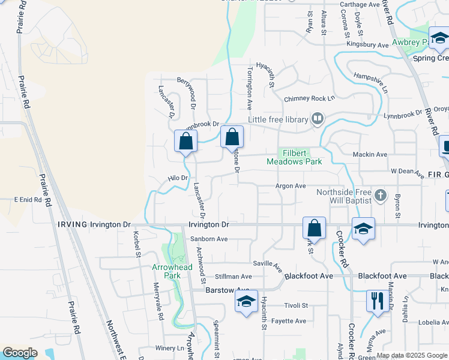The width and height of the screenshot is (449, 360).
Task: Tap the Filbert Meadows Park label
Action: pyautogui.click(x=295, y=157)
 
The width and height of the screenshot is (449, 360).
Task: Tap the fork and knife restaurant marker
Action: pyautogui.click(x=377, y=301)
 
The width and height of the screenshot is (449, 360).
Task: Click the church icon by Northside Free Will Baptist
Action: pyautogui.click(x=379, y=195)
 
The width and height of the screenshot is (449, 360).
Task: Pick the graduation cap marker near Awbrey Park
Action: pyautogui.click(x=439, y=38)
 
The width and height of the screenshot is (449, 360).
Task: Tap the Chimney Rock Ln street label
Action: pyautogui.click(x=309, y=98)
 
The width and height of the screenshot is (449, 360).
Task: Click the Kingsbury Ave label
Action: pyautogui.click(x=367, y=45)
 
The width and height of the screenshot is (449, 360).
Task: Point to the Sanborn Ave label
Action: pyautogui.click(x=209, y=239)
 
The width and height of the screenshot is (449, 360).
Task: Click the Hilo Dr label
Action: pyautogui.click(x=178, y=178)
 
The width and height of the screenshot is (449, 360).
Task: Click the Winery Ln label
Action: pyautogui.click(x=169, y=348)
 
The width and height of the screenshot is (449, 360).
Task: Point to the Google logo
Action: pyautogui.click(x=20, y=353)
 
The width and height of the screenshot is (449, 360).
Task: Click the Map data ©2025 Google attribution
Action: pyautogui.click(x=412, y=355)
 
